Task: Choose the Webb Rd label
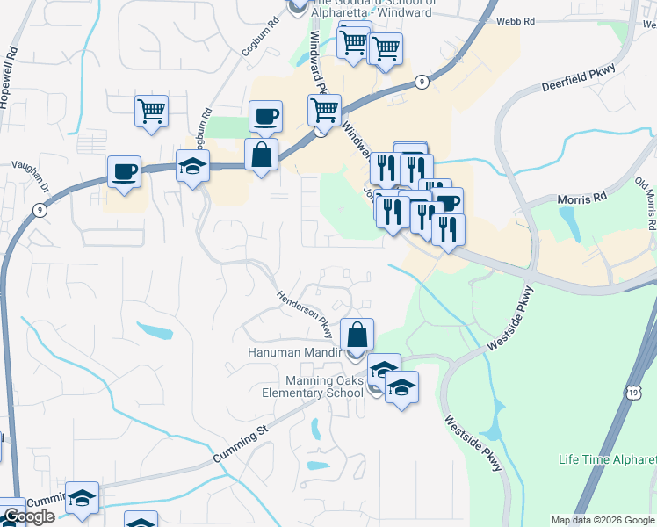pyautogui.click(x=515, y=21)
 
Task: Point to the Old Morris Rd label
pyautogui.click(x=646, y=203)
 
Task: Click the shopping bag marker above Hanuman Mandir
pyautogui.click(x=357, y=335)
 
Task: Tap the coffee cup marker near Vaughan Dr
pyautogui.click(x=124, y=170)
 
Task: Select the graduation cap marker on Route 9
pyautogui.click(x=192, y=165)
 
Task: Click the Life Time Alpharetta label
pyautogui.click(x=607, y=460)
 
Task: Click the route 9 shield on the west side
pyautogui.click(x=40, y=209)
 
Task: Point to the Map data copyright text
pyautogui.click(x=603, y=520)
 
